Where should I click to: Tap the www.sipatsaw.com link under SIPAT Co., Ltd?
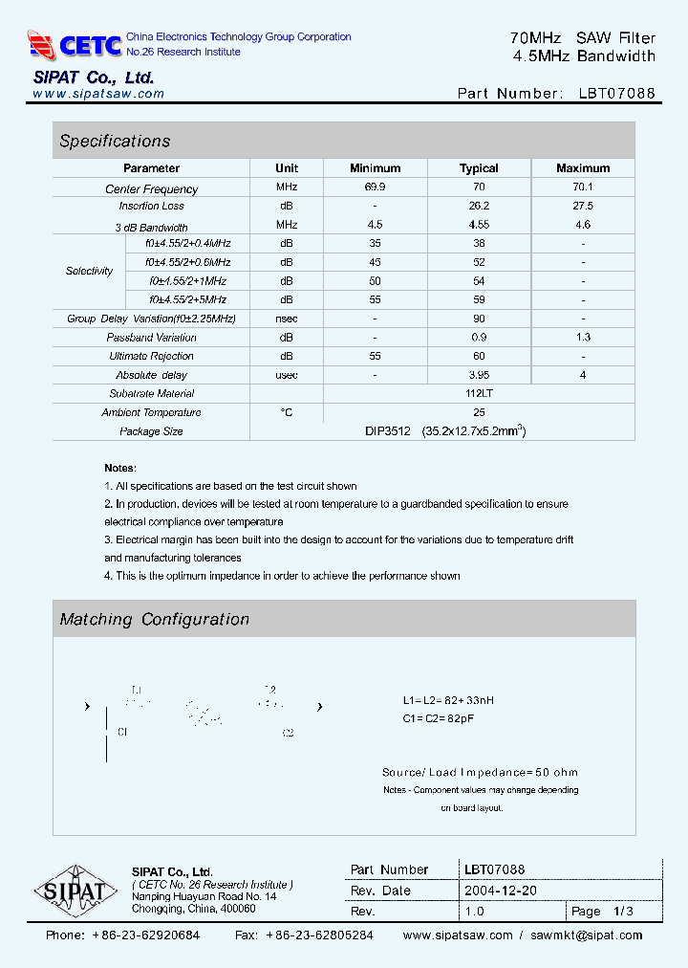click(x=98, y=94)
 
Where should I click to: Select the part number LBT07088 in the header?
click(x=616, y=94)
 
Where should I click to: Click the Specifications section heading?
click(x=115, y=141)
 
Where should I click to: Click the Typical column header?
click(x=479, y=168)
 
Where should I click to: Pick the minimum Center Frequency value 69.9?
click(x=375, y=188)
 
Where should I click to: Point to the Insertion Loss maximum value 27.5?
click(x=583, y=206)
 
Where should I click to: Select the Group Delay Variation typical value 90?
click(x=479, y=319)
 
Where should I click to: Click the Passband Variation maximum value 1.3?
click(x=583, y=338)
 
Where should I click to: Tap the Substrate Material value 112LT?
click(x=480, y=393)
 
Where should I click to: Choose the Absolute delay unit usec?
click(x=287, y=375)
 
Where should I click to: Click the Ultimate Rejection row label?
click(x=151, y=356)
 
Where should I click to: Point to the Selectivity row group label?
click(x=89, y=272)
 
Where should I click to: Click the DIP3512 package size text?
click(x=387, y=431)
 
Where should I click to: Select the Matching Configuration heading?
click(x=154, y=619)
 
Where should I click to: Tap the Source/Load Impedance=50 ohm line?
click(x=479, y=772)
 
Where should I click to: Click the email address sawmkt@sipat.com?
click(x=587, y=935)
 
